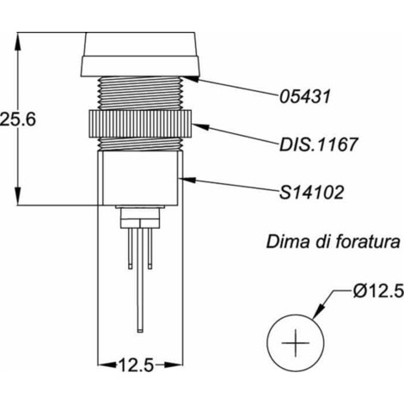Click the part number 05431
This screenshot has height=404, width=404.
pyautogui.click(x=305, y=96)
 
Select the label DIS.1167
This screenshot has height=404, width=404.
pyautogui.click(x=318, y=144)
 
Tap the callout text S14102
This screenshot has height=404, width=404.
pyautogui.click(x=311, y=192)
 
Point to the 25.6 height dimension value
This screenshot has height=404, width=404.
pyautogui.click(x=18, y=119)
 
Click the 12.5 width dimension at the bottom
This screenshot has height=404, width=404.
pyautogui.click(x=136, y=365)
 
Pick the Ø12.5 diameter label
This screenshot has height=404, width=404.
pyautogui.click(x=378, y=292)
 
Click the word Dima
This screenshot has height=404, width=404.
pyautogui.click(x=288, y=242)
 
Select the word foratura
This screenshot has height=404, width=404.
pyautogui.click(x=367, y=242)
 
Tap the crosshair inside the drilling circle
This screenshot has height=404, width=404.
pyautogui.click(x=296, y=343)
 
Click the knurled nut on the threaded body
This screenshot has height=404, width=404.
pyautogui.click(x=140, y=124)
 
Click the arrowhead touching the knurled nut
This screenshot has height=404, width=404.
pyautogui.click(x=199, y=126)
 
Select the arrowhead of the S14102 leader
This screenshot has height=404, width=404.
pyautogui.click(x=187, y=180)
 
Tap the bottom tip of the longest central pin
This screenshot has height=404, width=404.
pyautogui.click(x=140, y=332)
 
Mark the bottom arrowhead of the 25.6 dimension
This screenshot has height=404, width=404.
pyautogui.click(x=18, y=196)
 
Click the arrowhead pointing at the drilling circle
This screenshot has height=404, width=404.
pyautogui.click(x=318, y=311)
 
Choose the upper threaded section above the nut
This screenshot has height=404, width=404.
pyautogui.click(x=140, y=93)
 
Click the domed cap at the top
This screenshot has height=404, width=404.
pyautogui.click(x=140, y=54)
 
